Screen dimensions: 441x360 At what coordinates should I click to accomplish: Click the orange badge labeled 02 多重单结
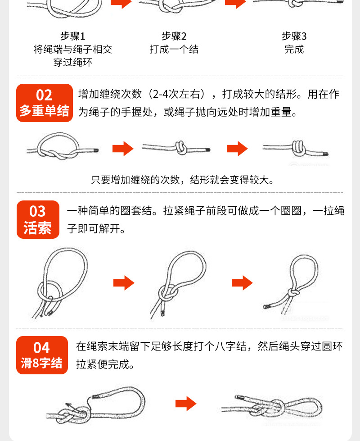point(44,103)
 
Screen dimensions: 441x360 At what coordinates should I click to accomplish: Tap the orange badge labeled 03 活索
point(38,219)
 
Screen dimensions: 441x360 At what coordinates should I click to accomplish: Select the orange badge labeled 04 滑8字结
point(41,355)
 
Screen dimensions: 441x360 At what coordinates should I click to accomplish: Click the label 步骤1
point(72,36)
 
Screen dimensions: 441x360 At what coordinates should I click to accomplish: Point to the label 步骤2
point(174,36)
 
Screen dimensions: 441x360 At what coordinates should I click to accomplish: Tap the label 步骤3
point(294,36)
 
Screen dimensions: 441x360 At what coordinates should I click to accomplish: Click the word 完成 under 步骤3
point(294,50)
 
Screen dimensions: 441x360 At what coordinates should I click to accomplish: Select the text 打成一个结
point(174,50)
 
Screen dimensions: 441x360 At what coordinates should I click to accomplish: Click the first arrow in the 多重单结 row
point(122,149)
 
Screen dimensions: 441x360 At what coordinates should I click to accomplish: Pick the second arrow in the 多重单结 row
point(237,149)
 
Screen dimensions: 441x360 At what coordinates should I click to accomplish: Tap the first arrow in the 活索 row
point(123,283)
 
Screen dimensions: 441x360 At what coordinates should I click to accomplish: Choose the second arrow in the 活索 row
point(242,283)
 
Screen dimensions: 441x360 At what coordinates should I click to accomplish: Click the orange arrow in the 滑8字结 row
point(186,404)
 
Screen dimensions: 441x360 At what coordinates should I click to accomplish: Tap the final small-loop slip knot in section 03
point(292,284)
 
